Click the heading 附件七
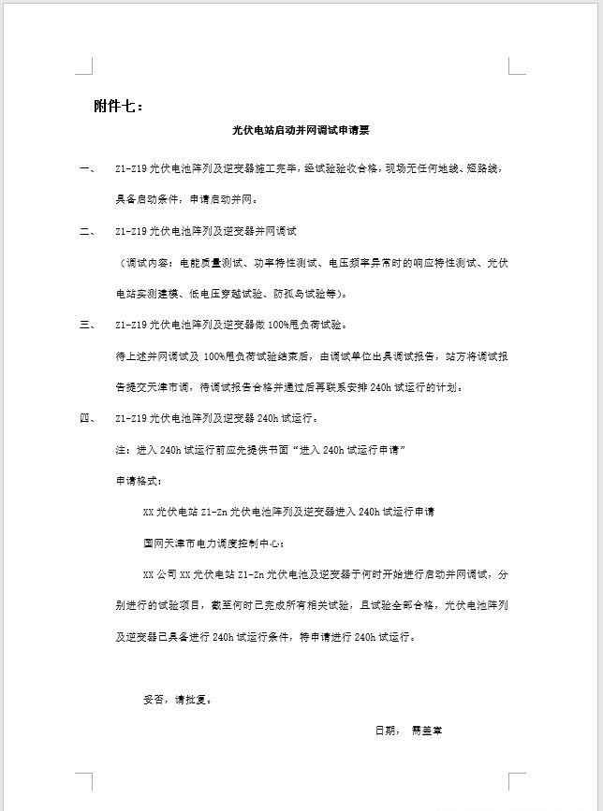coord(119,106)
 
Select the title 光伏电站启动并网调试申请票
coord(301,133)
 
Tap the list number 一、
coord(87,169)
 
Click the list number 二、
coord(87,230)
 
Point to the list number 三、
coord(87,325)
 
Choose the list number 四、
coord(87,418)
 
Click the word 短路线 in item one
coord(485,169)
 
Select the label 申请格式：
coord(139,481)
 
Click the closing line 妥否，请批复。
coord(177,699)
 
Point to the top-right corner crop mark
coord(516,66)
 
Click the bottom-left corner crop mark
coord(85,780)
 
